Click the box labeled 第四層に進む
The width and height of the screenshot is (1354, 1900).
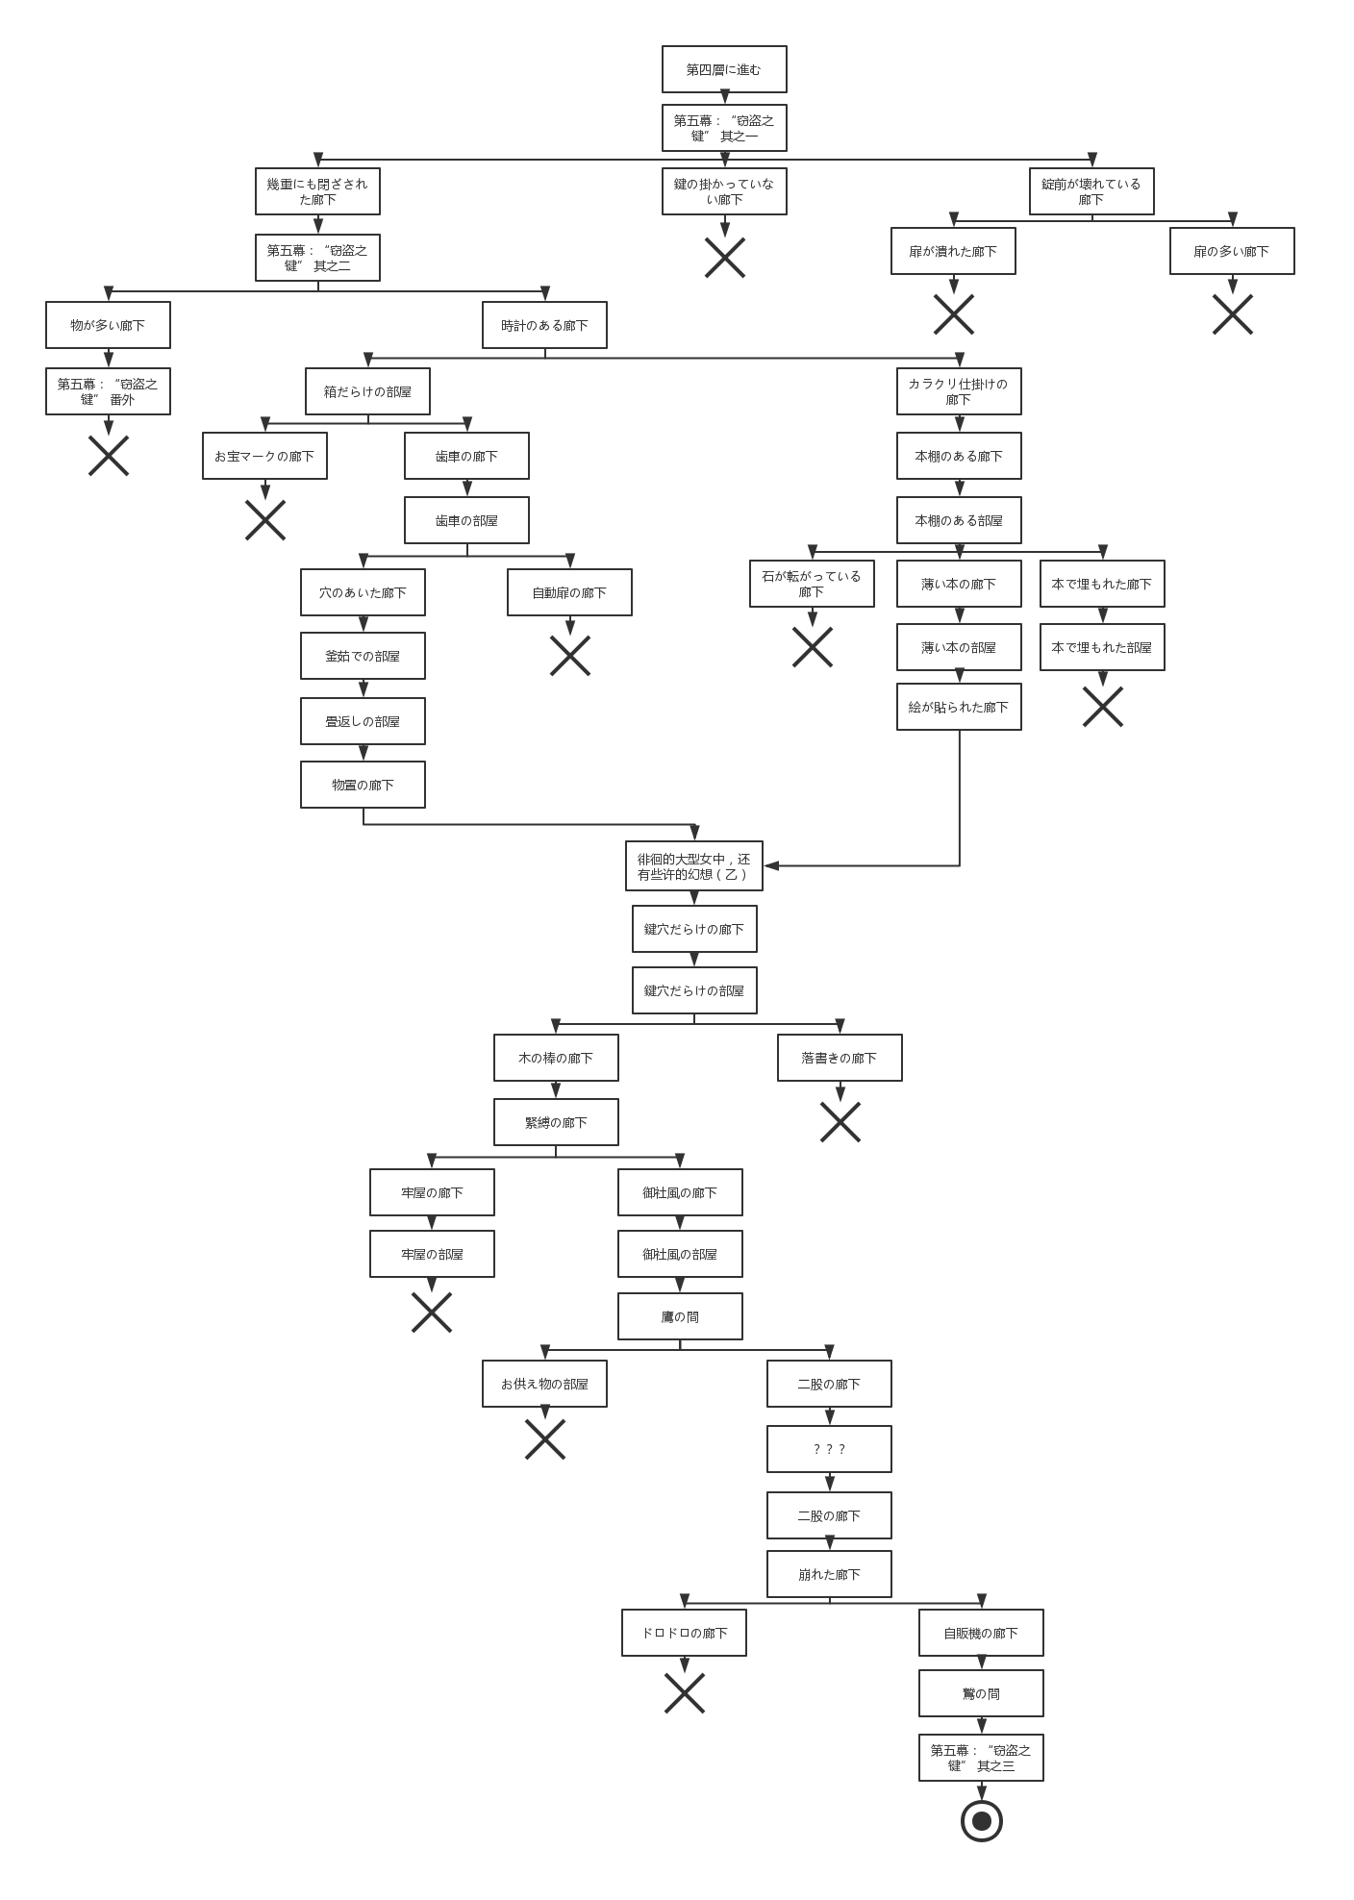[724, 69]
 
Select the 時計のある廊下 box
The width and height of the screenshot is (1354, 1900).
[544, 325]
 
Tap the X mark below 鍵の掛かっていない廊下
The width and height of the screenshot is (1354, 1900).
[725, 258]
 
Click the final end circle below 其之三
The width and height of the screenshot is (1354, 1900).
[982, 1821]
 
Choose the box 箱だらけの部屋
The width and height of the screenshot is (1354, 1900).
[367, 391]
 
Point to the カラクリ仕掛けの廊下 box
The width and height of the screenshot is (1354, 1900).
[959, 391]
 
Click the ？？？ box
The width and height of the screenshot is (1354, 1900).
[829, 1449]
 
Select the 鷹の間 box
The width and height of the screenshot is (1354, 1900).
[680, 1316]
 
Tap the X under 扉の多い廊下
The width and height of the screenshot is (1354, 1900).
[1233, 314]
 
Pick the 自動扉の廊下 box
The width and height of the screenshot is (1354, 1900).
[569, 592]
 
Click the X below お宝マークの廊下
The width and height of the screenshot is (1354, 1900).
[265, 520]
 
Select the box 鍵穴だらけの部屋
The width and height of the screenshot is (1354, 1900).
[694, 990]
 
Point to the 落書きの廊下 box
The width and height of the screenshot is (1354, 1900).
[840, 1058]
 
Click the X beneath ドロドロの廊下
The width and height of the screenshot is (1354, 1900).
[685, 1693]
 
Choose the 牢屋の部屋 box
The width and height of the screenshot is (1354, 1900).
[432, 1254]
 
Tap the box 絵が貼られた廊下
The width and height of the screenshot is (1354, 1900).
[959, 707]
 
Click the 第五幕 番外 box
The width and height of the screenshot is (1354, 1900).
[108, 391]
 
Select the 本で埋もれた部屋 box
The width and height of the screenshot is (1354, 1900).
[1102, 647]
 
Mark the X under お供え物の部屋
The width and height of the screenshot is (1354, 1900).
[545, 1439]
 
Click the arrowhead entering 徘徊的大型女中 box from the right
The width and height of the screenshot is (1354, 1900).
[771, 865]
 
